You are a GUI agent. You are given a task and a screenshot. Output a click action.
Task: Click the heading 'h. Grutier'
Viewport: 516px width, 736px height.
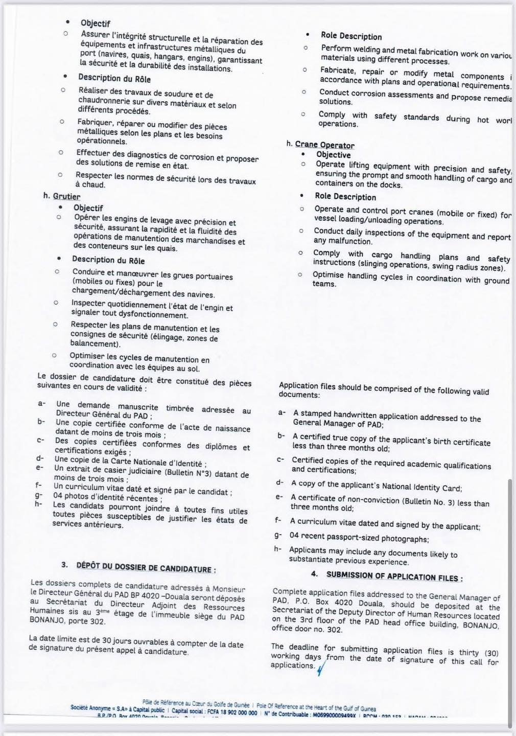[62, 196]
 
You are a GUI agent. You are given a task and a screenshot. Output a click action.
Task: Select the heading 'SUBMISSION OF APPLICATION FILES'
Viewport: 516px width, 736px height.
[394, 577]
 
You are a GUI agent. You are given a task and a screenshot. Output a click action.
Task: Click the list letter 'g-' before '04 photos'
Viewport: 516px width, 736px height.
[39, 495]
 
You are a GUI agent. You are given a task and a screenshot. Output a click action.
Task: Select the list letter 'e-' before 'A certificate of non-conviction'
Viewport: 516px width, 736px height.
[279, 497]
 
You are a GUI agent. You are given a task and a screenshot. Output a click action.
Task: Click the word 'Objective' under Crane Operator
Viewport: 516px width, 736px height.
[333, 155]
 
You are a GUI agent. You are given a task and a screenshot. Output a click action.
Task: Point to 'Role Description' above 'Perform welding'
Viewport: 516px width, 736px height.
[351, 36]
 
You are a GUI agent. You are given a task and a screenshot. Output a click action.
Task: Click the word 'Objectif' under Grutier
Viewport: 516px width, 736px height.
[88, 208]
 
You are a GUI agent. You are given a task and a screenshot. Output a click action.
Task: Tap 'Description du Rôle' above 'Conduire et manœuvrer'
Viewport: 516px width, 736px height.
[108, 260]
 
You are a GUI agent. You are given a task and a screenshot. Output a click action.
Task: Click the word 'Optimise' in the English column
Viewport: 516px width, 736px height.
[328, 275]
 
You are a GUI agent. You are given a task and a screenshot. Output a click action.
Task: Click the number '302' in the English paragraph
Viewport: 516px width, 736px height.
[335, 630]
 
